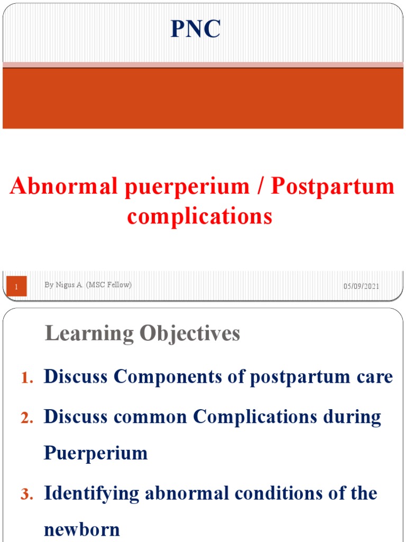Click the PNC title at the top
(x=195, y=29)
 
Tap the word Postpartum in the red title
(x=333, y=187)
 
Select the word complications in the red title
(x=200, y=216)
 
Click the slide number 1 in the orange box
(x=16, y=286)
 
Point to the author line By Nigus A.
(x=88, y=285)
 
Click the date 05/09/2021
(x=361, y=286)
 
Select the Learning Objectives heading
(x=143, y=333)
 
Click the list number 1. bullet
(x=27, y=378)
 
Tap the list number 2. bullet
(x=27, y=418)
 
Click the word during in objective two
(x=356, y=417)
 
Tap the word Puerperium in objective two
(x=96, y=453)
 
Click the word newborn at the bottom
(x=82, y=529)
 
